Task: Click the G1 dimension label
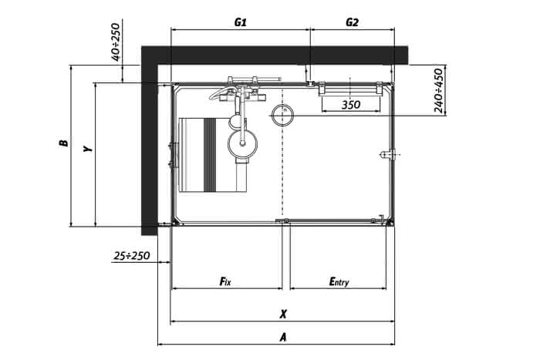pyautogui.click(x=241, y=22)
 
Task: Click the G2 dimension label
pyautogui.click(x=352, y=22)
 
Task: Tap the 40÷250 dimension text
pyautogui.click(x=116, y=42)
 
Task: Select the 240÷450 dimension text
pyautogui.click(x=438, y=90)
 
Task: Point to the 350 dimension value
pyautogui.click(x=351, y=105)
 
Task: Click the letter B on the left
pyautogui.click(x=64, y=143)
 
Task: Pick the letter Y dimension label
pyautogui.click(x=88, y=149)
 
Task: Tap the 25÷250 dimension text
pyautogui.click(x=132, y=256)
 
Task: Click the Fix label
pyautogui.click(x=225, y=281)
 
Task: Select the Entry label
pyautogui.click(x=339, y=282)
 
